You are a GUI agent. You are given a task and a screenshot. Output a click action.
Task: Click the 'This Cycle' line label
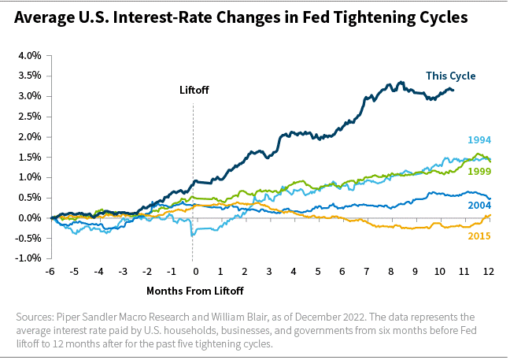click(x=450, y=76)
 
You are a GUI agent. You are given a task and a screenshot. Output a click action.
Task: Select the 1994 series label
click(x=479, y=140)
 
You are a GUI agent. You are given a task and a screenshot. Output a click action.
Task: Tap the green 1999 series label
click(x=479, y=171)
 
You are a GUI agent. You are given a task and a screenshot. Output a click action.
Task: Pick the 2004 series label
click(x=479, y=205)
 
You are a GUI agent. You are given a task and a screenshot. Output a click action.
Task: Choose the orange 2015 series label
click(x=479, y=236)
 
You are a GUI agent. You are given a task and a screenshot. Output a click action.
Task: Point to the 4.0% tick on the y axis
click(x=28, y=56)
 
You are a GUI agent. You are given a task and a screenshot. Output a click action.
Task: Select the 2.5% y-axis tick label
click(x=28, y=117)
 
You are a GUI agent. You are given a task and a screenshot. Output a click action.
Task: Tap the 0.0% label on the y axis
click(x=28, y=218)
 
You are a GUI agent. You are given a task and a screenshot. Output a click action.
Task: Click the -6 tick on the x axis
click(x=50, y=271)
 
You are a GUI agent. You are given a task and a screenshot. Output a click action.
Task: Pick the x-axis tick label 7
click(x=367, y=271)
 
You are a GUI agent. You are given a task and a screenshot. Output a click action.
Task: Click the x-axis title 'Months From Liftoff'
click(x=194, y=291)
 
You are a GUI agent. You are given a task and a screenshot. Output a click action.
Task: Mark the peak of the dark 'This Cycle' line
click(x=401, y=82)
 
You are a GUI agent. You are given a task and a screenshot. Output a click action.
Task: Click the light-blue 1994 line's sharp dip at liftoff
click(x=191, y=235)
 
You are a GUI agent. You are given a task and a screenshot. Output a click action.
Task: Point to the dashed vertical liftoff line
click(x=194, y=158)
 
